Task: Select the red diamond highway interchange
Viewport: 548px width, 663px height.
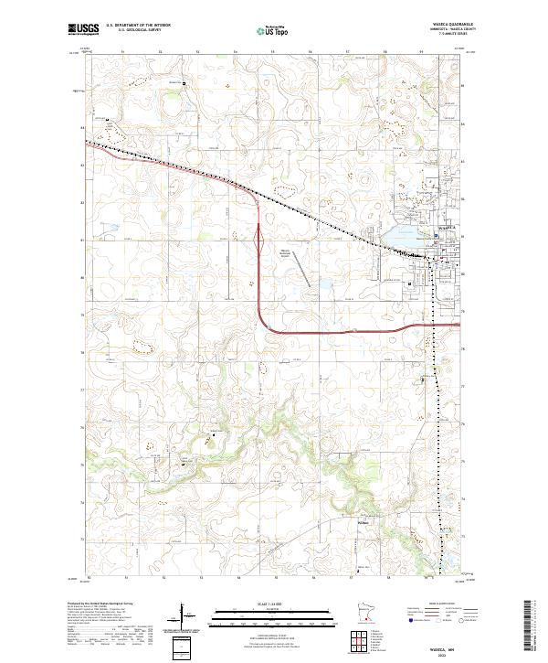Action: [261, 241]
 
